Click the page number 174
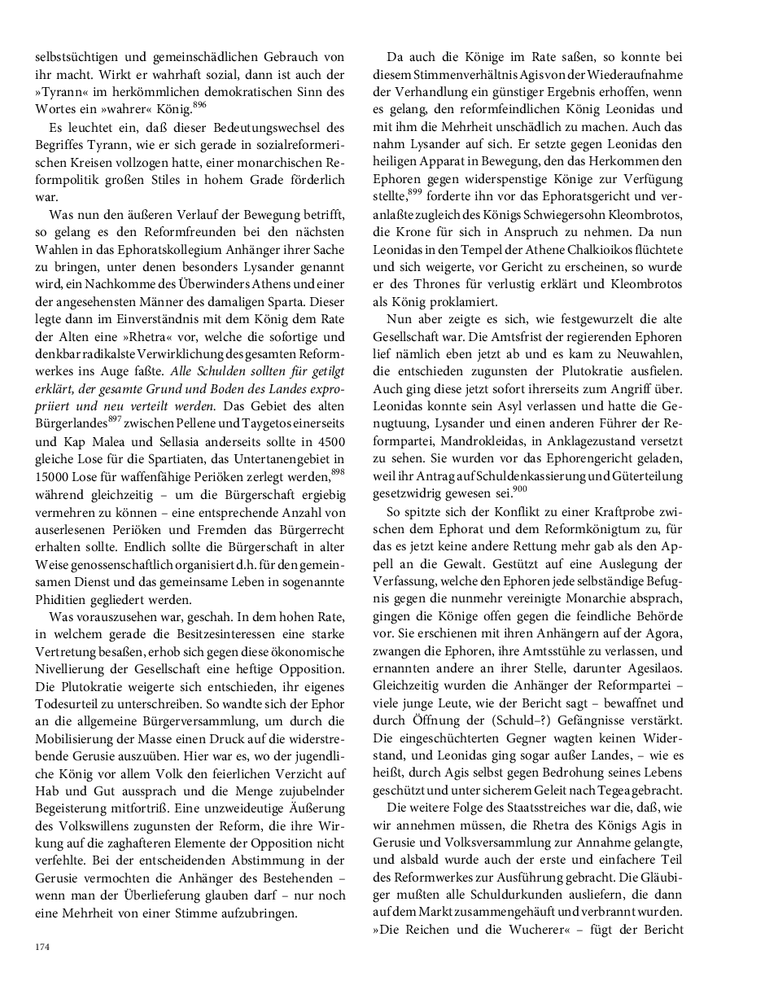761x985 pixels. coord(42,947)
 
